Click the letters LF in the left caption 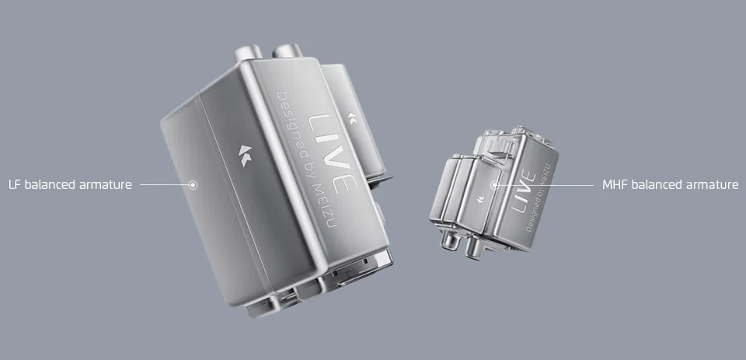[15, 185]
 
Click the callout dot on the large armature [193, 185]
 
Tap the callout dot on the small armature [495, 185]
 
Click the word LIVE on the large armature [332, 153]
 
